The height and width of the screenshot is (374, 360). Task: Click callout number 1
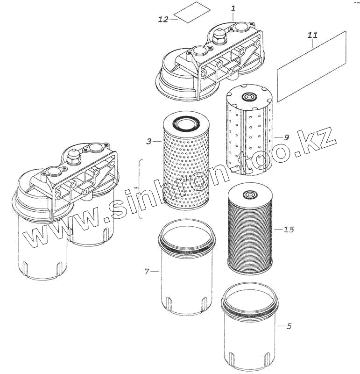click(x=233, y=8)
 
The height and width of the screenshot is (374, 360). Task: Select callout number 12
click(x=163, y=19)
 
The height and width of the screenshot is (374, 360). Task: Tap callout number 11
click(x=313, y=35)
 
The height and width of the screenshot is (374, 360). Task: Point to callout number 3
click(x=148, y=141)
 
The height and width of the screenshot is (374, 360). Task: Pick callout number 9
click(x=286, y=137)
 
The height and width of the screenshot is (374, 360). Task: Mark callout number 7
click(x=147, y=271)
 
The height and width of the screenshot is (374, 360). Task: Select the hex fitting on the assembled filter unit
click(x=73, y=154)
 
